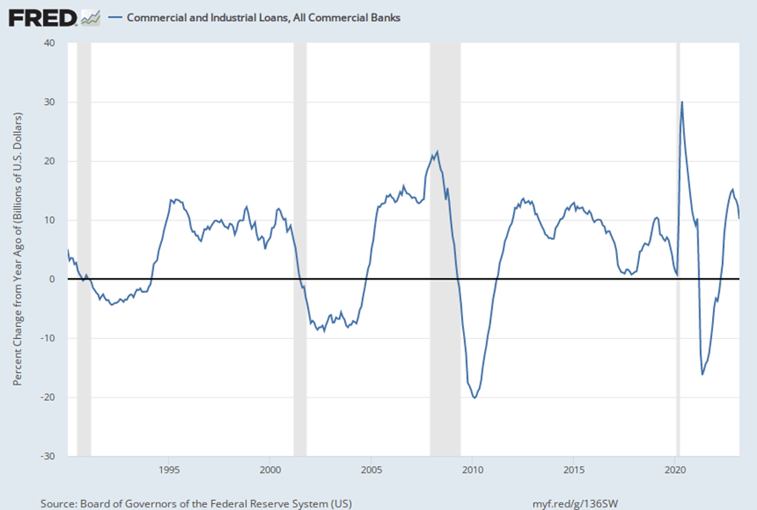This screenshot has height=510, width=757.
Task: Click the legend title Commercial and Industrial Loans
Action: click(264, 17)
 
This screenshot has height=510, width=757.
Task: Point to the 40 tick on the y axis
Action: click(50, 43)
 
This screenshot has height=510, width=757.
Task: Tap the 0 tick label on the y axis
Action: click(53, 280)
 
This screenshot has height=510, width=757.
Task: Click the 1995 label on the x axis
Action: click(169, 469)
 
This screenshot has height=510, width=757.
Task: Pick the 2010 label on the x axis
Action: click(472, 469)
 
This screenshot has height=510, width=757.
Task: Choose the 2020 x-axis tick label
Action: click(675, 469)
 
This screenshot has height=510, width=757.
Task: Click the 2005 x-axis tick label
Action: click(371, 469)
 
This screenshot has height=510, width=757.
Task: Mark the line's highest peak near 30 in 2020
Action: click(682, 103)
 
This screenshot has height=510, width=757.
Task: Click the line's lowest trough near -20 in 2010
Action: click(474, 397)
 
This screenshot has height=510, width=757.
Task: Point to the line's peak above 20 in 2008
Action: click(437, 152)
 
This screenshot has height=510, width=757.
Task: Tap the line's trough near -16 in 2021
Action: click(703, 374)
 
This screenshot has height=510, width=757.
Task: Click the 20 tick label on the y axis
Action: click(50, 162)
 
